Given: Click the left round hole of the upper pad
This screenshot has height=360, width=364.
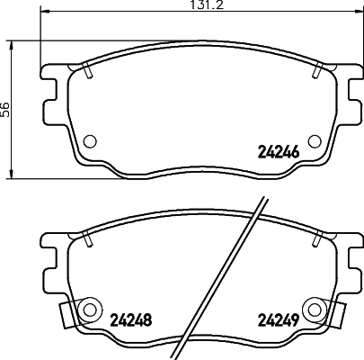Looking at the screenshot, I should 90,140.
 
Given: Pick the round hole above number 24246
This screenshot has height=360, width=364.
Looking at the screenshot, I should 314,139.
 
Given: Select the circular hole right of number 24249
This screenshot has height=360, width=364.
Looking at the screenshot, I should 314,310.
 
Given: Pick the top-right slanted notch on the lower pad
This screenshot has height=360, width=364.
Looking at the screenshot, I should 319,238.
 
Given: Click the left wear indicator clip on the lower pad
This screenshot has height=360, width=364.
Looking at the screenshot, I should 67,314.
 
